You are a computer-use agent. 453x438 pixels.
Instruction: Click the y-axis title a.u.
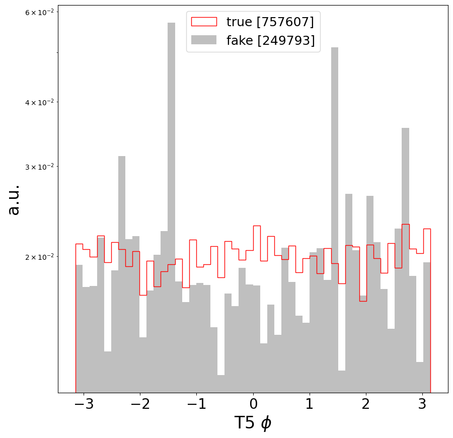coord(14,199)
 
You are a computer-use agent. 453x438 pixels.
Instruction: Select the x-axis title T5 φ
coord(253,423)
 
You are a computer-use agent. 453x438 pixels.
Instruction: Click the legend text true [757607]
coord(270,22)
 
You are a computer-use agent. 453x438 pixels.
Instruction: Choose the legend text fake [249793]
coord(270,40)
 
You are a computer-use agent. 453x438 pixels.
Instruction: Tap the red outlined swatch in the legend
coord(203,22)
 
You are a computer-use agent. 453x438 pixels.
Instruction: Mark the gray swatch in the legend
coord(203,40)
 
